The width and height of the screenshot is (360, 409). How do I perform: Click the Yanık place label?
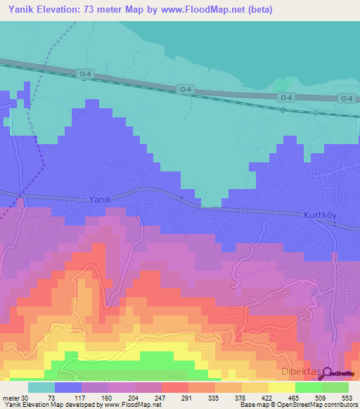coord(101,200)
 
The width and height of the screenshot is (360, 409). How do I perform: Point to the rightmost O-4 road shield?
coord(345,98)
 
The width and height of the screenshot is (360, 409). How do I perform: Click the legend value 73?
coord(52,397)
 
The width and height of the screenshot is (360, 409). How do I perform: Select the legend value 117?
coord(82,397)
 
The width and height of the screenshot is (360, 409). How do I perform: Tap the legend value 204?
coord(143,397)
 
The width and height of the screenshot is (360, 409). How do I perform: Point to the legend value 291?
coord(205,397)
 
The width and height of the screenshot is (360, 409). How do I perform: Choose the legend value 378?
coord(266,397)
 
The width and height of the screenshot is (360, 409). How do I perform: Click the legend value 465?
coord(327,397)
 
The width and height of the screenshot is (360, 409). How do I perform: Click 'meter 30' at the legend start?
coord(16,397)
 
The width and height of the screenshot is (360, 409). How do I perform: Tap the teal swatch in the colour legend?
coord(41,387)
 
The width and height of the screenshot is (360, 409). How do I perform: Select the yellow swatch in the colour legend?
coord(282,387)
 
